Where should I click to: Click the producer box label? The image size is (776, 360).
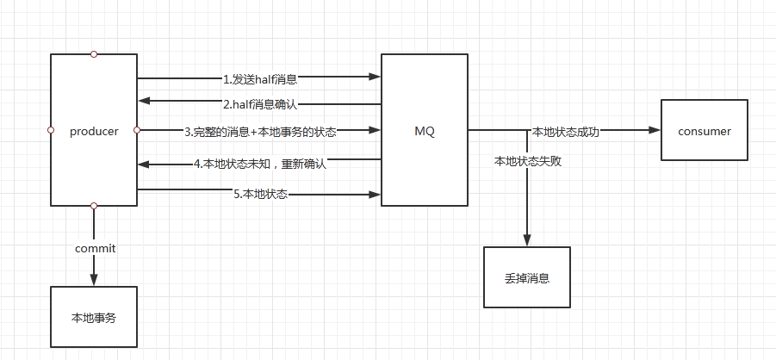(94, 132)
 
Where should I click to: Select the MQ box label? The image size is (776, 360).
(425, 132)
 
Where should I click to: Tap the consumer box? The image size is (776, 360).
(704, 131)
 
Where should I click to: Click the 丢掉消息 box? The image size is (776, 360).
(527, 277)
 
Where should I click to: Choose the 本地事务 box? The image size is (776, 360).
(93, 318)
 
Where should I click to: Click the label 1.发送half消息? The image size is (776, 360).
(260, 79)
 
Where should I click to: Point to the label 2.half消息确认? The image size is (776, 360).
(260, 105)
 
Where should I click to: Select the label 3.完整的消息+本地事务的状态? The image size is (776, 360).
(260, 132)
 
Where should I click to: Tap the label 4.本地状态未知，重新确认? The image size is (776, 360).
(260, 163)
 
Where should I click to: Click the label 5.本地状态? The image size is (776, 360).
(260, 194)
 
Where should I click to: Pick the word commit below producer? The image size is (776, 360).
(95, 248)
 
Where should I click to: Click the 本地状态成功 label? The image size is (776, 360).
(566, 132)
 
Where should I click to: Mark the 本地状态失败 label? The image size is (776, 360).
(528, 161)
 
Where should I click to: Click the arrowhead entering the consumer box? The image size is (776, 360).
(655, 131)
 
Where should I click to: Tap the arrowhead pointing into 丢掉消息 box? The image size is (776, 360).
(527, 241)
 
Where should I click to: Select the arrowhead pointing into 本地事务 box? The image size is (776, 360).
(94, 280)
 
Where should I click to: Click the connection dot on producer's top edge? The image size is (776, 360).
(94, 54)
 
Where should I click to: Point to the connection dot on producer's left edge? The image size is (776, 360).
(51, 130)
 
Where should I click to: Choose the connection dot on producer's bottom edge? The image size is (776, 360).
(94, 206)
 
